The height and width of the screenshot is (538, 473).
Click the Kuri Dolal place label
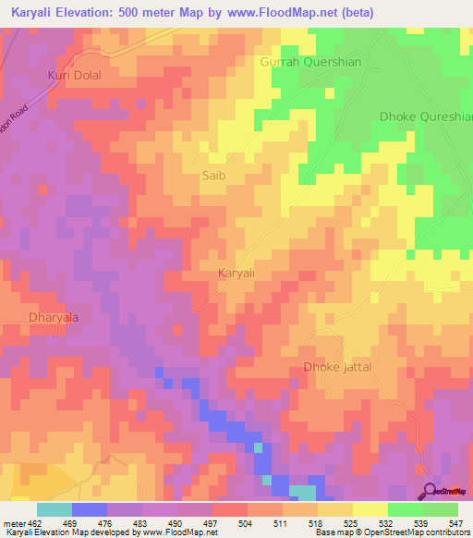(x=74, y=74)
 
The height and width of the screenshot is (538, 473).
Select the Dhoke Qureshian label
(x=426, y=116)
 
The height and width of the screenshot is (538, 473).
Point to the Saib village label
(x=213, y=174)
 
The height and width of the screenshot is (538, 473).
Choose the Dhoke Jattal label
(x=337, y=367)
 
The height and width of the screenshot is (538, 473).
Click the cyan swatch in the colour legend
(x=55, y=509)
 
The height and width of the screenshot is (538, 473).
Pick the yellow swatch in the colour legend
(x=370, y=509)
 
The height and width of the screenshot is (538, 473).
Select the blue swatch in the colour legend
(x=90, y=509)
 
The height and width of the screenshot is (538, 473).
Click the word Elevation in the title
(x=95, y=12)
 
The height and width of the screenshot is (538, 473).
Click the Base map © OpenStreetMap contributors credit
(x=392, y=533)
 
